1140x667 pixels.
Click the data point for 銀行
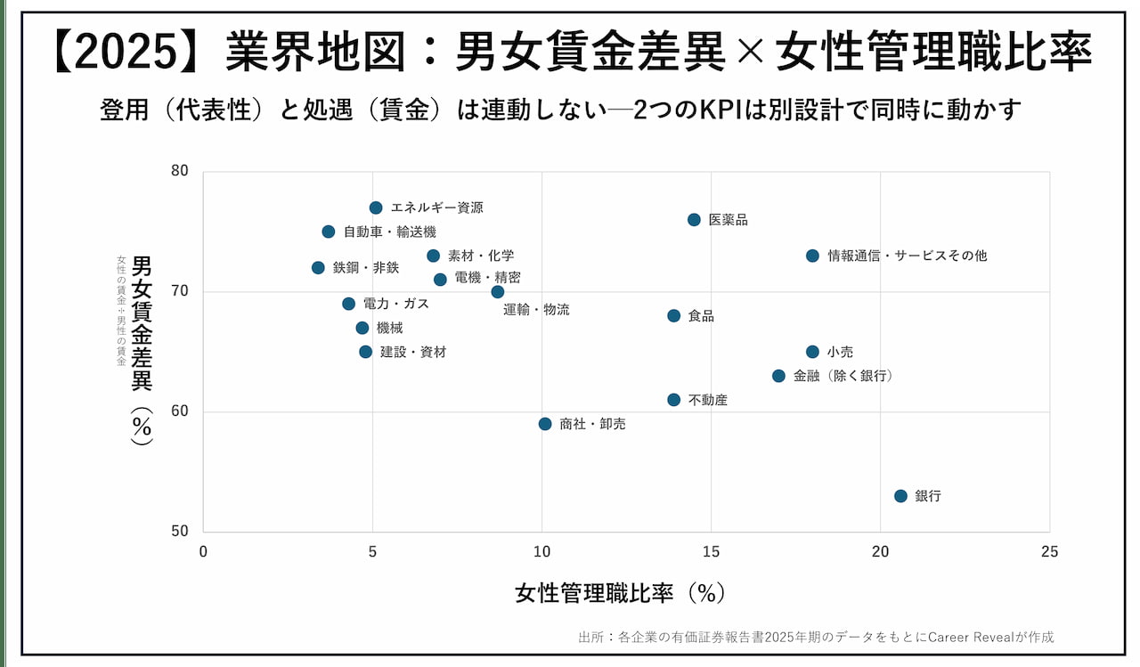tap(900, 496)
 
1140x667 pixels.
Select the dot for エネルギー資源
tap(376, 207)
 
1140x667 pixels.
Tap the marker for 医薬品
tap(694, 220)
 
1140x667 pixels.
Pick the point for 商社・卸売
tap(545, 424)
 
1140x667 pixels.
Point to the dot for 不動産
tap(673, 400)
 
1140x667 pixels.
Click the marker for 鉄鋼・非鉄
tap(318, 267)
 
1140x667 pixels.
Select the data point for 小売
tap(812, 352)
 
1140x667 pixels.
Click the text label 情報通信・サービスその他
tap(907, 256)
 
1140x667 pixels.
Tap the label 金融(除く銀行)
tap(843, 376)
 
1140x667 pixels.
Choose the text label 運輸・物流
tap(536, 310)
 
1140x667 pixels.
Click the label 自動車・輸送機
tap(390, 232)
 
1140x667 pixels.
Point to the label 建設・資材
tap(413, 352)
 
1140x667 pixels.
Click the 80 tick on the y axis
tap(180, 171)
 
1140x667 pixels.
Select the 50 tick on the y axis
tap(180, 532)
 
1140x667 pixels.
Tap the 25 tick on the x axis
tap(1050, 552)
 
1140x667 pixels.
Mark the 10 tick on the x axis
tap(541, 552)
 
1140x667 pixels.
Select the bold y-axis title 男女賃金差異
tap(142, 323)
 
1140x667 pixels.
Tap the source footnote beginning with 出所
tap(816, 637)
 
